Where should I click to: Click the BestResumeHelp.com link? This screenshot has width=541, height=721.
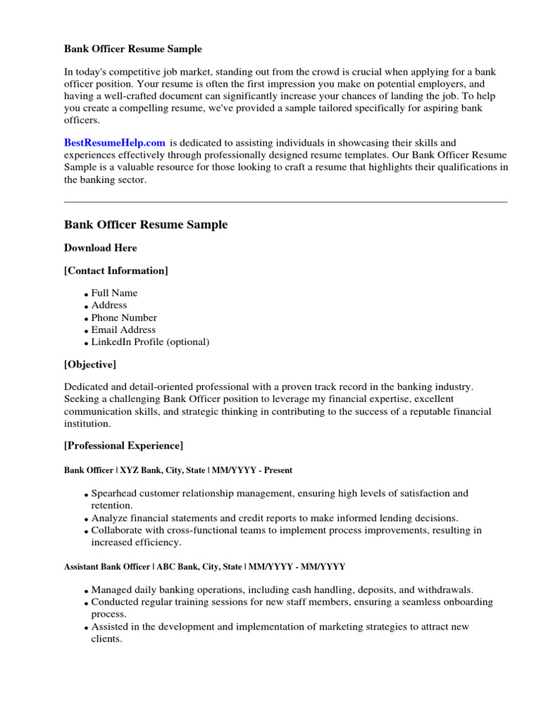coord(115,143)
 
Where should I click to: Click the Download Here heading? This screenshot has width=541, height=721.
coord(100,248)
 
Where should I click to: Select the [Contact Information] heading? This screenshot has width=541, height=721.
coord(116,270)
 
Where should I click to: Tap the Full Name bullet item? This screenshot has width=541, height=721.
coord(114,293)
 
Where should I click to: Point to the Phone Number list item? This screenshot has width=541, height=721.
coord(124,318)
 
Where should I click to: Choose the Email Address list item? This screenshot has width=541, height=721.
coord(123,330)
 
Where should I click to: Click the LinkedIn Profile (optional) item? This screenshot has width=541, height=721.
coord(150,342)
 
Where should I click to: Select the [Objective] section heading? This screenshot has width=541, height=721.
coord(90,365)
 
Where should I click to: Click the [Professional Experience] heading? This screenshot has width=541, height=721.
coord(123,446)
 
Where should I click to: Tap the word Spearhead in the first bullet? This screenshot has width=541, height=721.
coord(114,494)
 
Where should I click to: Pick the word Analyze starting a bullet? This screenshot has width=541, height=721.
coord(110,518)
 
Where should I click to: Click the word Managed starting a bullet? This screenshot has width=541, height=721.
coord(111,590)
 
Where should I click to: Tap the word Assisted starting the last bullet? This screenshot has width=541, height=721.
coord(111,627)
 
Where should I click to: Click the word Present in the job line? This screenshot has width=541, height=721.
coord(278,470)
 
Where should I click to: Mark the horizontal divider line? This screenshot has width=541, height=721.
coord(285,202)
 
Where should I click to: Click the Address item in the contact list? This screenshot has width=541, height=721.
coord(109,305)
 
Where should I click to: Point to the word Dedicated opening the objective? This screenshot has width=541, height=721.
coord(87,387)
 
